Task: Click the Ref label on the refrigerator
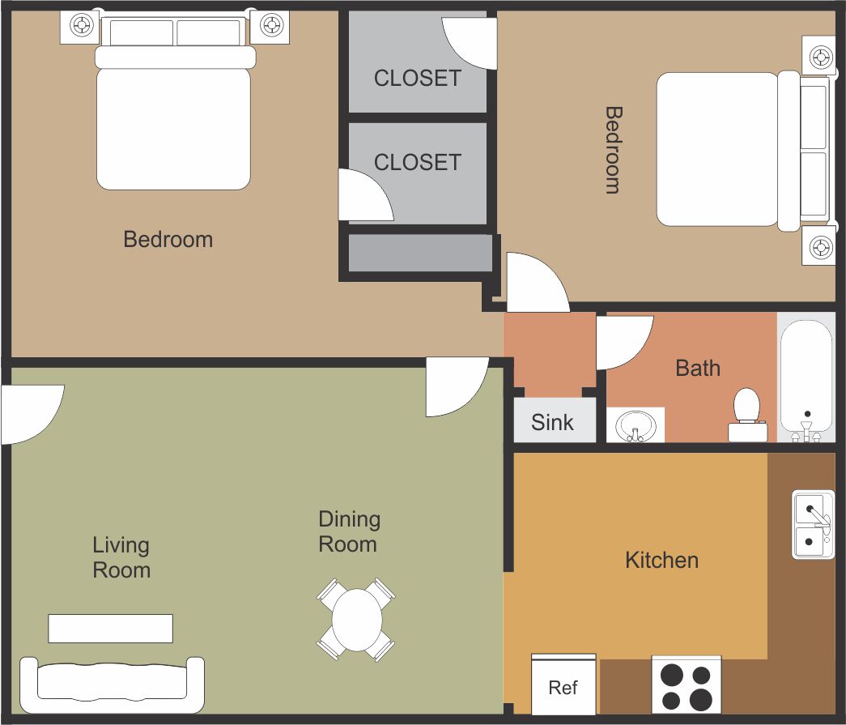563,687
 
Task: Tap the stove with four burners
687,684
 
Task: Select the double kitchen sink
813,524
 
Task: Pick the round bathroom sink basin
636,425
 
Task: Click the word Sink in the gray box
552,422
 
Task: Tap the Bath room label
698,368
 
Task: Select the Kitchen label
662,560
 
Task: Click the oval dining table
357,620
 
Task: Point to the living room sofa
113,684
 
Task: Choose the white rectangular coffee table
111,629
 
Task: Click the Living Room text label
121,557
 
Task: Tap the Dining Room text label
349,531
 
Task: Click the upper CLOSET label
418,79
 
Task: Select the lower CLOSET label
418,162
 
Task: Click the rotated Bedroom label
614,150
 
